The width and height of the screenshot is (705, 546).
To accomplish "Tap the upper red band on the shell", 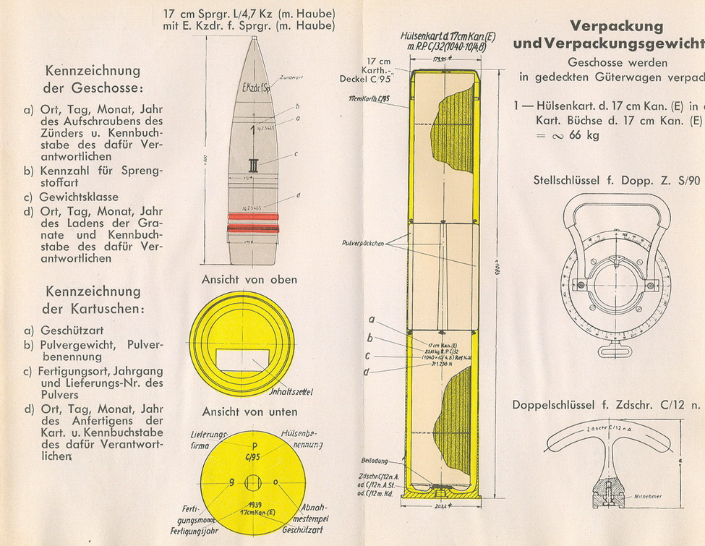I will tap(252, 216).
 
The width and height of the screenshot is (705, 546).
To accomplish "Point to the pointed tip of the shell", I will tap(252, 39).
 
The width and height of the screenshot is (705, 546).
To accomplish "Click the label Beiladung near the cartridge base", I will tap(376, 461).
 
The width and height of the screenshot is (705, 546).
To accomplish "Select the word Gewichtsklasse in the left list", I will tap(79, 197).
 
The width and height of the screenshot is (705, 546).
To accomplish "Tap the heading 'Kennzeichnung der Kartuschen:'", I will tap(93, 300).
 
